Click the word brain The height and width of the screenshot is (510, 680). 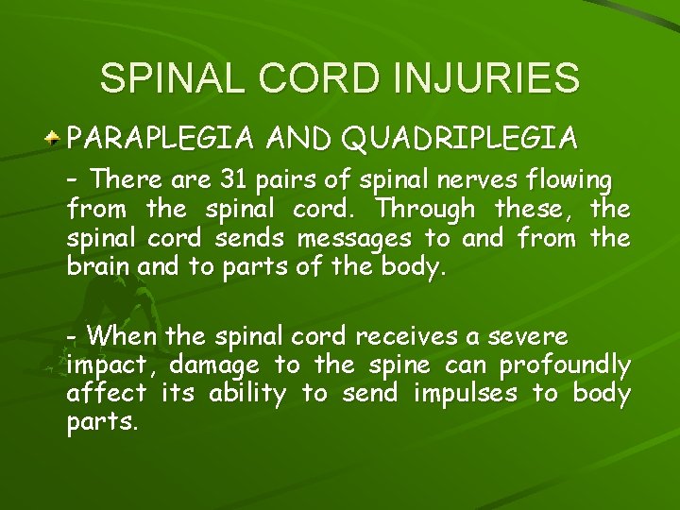[x=98, y=266]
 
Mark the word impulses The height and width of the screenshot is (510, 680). [x=465, y=394]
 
